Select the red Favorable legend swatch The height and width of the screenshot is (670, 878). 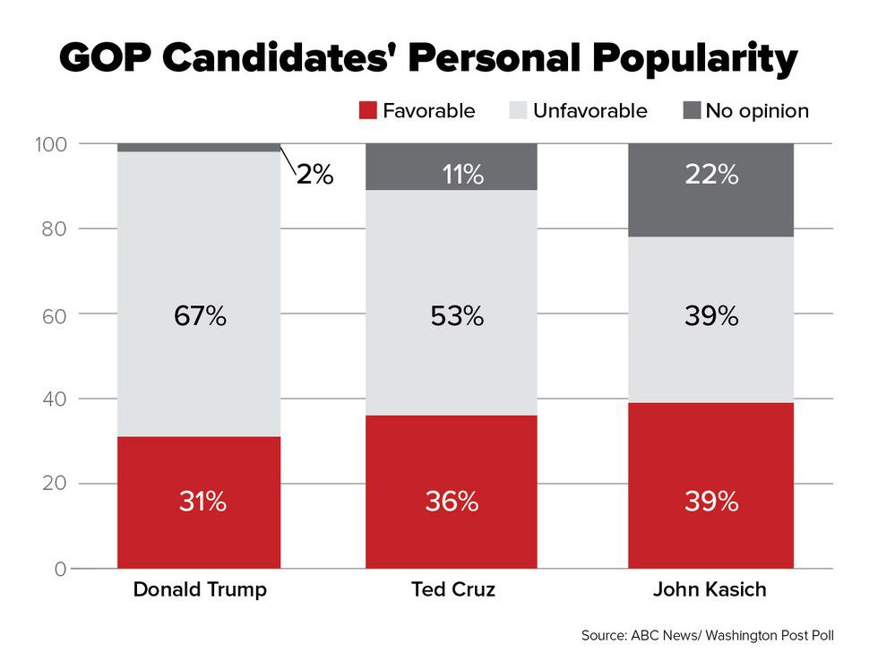coord(366,111)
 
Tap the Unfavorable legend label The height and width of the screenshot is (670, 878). coord(590,111)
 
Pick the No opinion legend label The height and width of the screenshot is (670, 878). coord(756,111)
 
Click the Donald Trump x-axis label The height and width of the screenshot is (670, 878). coord(200,590)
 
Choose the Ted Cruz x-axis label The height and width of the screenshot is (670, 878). coord(452,590)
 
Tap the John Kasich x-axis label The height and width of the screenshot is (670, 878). coord(710,590)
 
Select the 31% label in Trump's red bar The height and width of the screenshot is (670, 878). coord(201,502)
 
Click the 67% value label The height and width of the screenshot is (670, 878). coord(201,316)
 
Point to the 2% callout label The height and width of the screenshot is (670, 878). coord(314,175)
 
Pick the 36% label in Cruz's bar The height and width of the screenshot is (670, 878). coord(452,502)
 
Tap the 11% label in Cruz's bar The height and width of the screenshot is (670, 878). coord(463,175)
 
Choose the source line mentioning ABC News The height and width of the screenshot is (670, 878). coord(707,636)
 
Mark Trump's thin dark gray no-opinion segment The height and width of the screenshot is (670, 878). coord(200,148)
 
